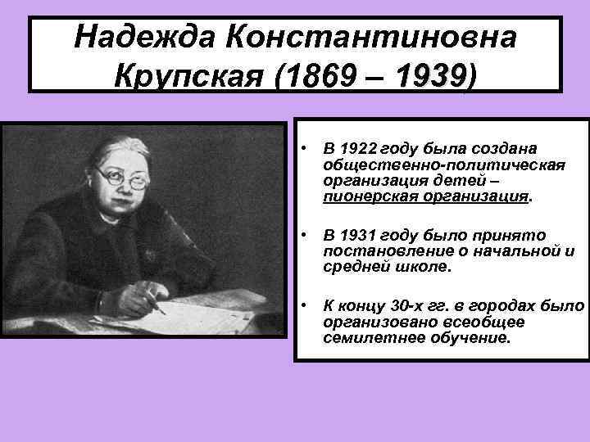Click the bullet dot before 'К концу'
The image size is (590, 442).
[303, 306]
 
